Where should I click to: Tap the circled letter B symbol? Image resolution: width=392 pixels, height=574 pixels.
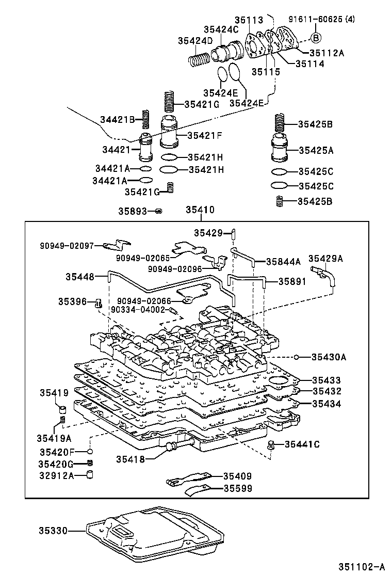tap(317, 37)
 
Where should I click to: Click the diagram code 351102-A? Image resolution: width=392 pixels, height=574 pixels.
tap(361, 567)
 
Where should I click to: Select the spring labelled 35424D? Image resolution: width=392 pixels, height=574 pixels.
tap(198, 61)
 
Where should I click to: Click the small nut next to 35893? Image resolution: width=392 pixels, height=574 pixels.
tap(159, 211)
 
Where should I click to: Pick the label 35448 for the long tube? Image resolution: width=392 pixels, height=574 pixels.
tap(79, 277)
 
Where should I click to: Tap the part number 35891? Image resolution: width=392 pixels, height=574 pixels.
tap(292, 281)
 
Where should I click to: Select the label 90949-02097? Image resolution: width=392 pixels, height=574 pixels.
tap(68, 246)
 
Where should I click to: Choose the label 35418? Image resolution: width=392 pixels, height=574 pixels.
tap(130, 459)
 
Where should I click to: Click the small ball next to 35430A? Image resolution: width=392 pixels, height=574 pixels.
tap(298, 357)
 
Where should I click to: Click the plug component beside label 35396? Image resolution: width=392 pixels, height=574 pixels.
tap(98, 303)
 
